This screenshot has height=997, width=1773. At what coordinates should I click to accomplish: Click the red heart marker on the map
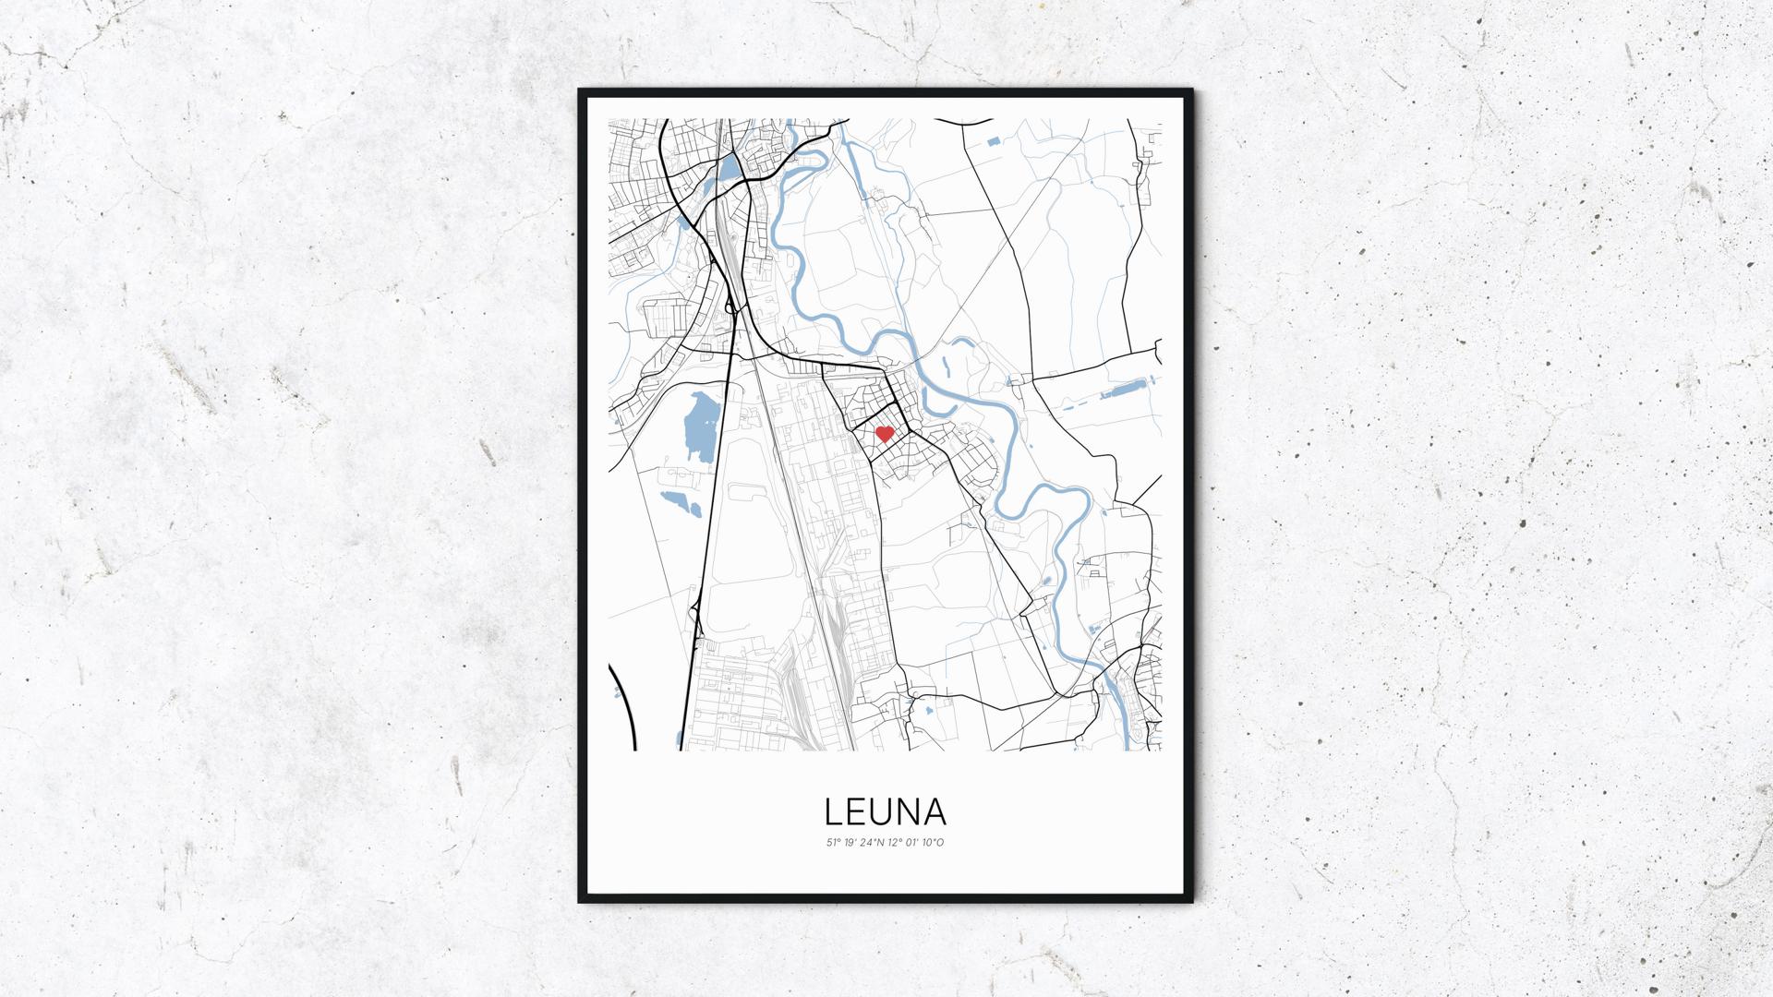(884, 433)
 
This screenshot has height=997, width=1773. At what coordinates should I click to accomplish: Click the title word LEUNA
(885, 812)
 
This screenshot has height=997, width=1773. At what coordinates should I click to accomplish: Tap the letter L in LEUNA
(833, 812)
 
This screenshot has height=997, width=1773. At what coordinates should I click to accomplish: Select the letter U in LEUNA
(882, 812)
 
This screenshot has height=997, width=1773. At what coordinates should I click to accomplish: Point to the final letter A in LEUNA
(935, 812)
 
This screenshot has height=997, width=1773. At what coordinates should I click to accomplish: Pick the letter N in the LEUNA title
(908, 812)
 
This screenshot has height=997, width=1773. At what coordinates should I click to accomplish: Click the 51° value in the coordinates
(833, 842)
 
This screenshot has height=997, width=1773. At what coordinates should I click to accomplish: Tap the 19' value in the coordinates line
(850, 842)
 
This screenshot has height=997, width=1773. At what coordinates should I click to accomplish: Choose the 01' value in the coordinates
(916, 842)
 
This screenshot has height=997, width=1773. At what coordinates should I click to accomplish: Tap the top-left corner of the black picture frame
(579, 90)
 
